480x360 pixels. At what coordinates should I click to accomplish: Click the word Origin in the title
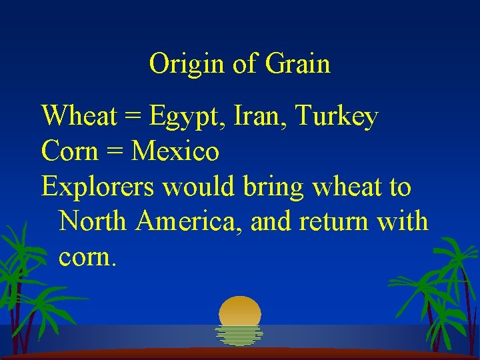[x=187, y=65]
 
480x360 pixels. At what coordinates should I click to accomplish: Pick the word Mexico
[x=175, y=152]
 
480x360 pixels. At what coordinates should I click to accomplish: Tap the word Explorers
[x=97, y=187]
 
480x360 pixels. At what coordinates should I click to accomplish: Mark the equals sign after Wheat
[x=132, y=118]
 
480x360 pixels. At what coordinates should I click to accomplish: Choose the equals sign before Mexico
[x=113, y=153]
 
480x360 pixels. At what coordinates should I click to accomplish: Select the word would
[x=198, y=187]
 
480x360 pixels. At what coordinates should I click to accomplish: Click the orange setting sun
[x=240, y=311]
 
